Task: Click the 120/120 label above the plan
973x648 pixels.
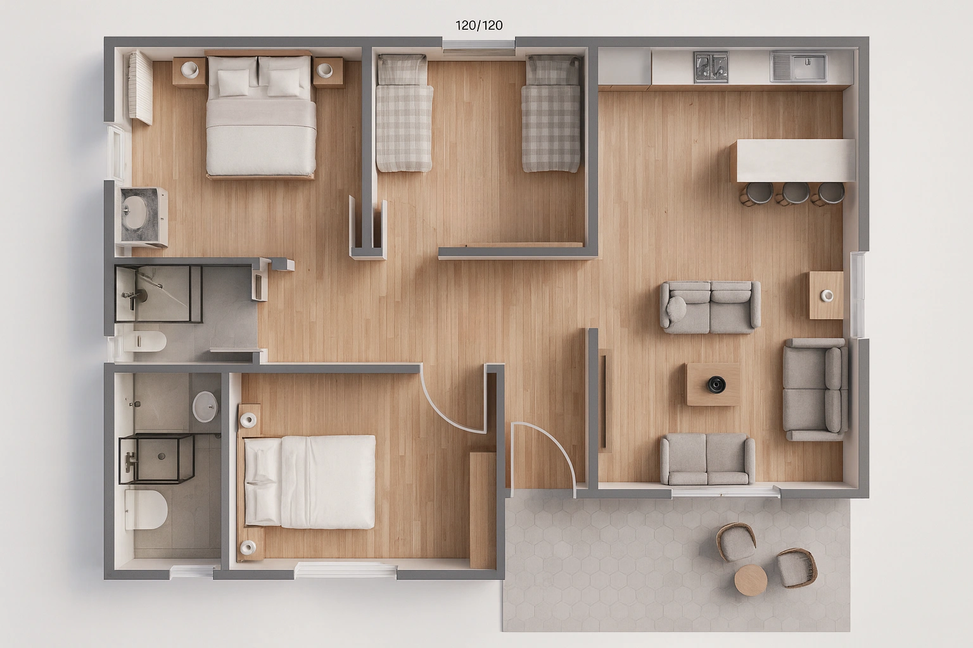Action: pyautogui.click(x=479, y=25)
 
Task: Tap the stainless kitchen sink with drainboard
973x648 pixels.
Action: pyautogui.click(x=799, y=67)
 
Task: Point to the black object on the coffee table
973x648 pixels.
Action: pyautogui.click(x=716, y=383)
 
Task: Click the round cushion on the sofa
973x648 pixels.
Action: pyautogui.click(x=677, y=308)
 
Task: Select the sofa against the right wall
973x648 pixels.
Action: pyautogui.click(x=816, y=389)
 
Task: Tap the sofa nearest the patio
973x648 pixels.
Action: pyautogui.click(x=707, y=459)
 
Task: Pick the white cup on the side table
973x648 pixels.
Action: pyautogui.click(x=827, y=295)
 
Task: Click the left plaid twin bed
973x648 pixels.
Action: pyautogui.click(x=404, y=114)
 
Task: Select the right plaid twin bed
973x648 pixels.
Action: pyautogui.click(x=551, y=114)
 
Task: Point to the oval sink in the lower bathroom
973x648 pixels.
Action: pyautogui.click(x=205, y=406)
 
